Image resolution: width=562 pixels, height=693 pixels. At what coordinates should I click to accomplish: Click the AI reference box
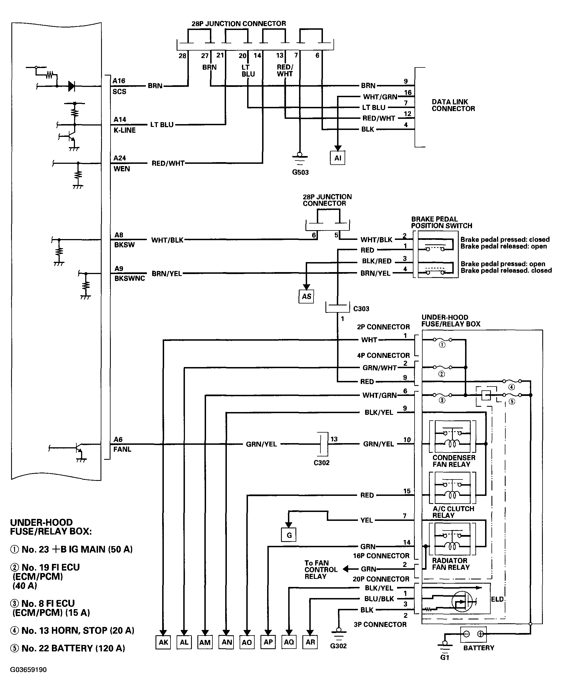(337, 158)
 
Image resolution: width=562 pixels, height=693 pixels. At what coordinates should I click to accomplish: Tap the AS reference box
(306, 296)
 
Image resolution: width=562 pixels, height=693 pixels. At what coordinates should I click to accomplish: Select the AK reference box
(163, 642)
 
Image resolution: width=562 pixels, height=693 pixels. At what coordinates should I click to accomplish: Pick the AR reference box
(310, 642)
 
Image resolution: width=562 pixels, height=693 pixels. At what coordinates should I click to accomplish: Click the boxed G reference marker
(289, 535)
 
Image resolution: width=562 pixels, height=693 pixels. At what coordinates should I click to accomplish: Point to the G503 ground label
(300, 172)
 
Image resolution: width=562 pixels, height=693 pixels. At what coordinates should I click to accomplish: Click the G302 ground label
(338, 646)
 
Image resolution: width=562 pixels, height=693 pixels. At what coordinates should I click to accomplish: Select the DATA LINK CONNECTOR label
(453, 105)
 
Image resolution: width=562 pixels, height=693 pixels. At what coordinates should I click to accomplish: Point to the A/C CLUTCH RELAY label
(453, 512)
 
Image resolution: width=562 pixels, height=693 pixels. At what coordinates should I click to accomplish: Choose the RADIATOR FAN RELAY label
(451, 564)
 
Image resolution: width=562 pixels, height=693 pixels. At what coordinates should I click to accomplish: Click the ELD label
(497, 599)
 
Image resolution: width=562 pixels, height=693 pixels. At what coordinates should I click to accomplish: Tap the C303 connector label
(361, 309)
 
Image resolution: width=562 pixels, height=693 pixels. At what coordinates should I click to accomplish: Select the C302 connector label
(322, 463)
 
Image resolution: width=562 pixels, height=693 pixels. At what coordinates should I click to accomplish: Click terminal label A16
(119, 81)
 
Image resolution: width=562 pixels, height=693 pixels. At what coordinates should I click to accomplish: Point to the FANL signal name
(122, 449)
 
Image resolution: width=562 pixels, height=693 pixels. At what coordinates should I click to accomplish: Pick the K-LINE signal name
(125, 130)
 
